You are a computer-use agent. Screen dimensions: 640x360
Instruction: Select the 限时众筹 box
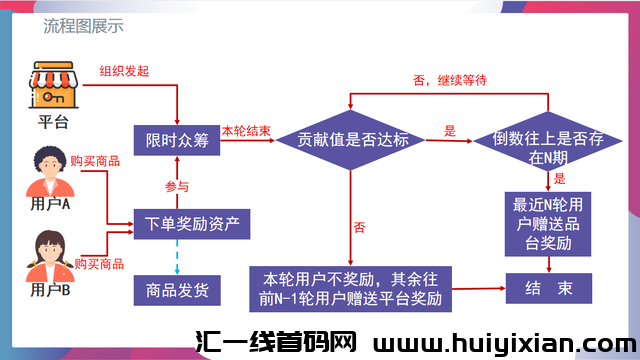tap(177, 140)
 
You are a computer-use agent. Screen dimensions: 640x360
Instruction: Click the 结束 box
tap(549, 288)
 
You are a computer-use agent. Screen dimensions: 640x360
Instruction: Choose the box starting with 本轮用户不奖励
tap(353, 287)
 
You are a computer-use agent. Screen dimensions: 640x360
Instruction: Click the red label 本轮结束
tap(245, 131)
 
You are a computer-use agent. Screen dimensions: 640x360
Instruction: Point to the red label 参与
tap(176, 187)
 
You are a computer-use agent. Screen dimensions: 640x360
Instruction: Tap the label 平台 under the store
tap(53, 123)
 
